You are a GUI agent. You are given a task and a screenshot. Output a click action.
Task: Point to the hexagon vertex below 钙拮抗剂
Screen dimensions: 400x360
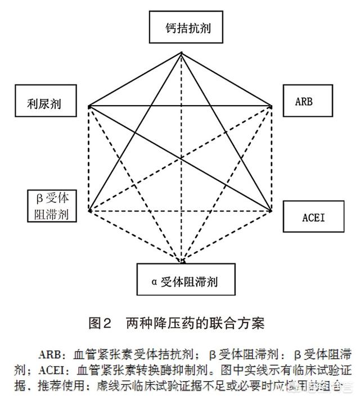click(x=181, y=53)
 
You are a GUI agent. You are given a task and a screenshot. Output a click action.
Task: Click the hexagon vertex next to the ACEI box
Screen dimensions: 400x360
click(x=272, y=211)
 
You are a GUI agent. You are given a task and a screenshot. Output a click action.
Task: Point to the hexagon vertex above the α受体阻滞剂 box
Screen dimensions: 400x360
click(x=182, y=261)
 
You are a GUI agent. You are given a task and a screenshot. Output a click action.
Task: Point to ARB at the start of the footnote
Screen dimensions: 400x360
click(x=52, y=355)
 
